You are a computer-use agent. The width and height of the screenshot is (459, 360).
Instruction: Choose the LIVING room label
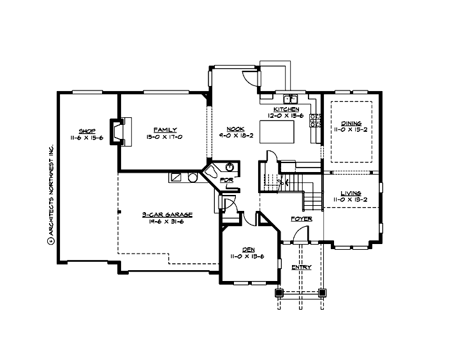[x=351, y=193]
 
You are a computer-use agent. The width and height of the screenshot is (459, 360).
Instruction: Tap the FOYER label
[x=302, y=219]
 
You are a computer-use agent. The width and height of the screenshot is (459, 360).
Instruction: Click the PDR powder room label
[x=226, y=180]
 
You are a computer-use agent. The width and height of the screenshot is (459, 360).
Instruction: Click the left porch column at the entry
[x=279, y=293]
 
